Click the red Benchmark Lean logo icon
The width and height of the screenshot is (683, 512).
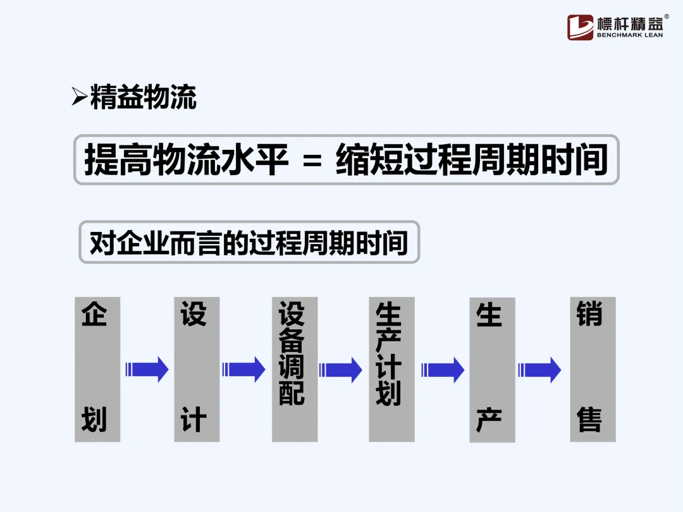point(580,27)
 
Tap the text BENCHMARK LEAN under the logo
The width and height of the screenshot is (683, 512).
point(630,36)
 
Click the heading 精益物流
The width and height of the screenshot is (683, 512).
point(144,98)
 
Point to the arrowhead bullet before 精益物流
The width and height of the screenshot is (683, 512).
point(79,97)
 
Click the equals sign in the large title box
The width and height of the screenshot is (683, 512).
point(312,161)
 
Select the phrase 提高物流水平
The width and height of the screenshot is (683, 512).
point(187,160)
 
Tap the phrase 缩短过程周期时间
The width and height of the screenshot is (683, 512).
point(471,160)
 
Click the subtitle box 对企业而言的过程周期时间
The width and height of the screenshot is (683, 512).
point(249,242)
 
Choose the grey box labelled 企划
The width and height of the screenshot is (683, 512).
point(97,369)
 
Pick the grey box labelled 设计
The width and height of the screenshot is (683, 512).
point(197,369)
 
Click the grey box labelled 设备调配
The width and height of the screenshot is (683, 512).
point(295,369)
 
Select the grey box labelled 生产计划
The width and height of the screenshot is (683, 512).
point(391,369)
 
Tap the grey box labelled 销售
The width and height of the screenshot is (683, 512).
point(593,369)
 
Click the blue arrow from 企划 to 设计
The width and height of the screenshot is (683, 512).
point(147,369)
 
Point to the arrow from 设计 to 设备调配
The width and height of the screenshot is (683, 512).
point(244,369)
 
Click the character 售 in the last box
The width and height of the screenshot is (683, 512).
point(589,420)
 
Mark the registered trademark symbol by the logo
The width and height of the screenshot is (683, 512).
point(667,17)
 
